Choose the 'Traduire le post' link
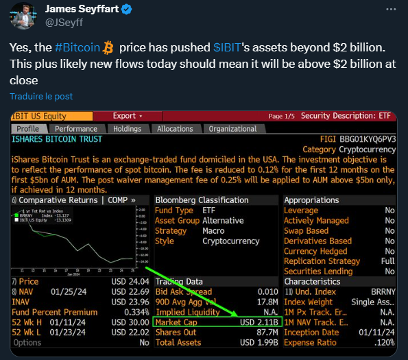point(41,96)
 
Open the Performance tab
point(76,128)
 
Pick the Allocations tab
point(175,128)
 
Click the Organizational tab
point(232,128)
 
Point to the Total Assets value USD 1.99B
point(259,342)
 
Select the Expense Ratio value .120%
point(382,342)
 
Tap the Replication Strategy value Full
point(387,261)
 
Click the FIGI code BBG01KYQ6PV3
point(368,139)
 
